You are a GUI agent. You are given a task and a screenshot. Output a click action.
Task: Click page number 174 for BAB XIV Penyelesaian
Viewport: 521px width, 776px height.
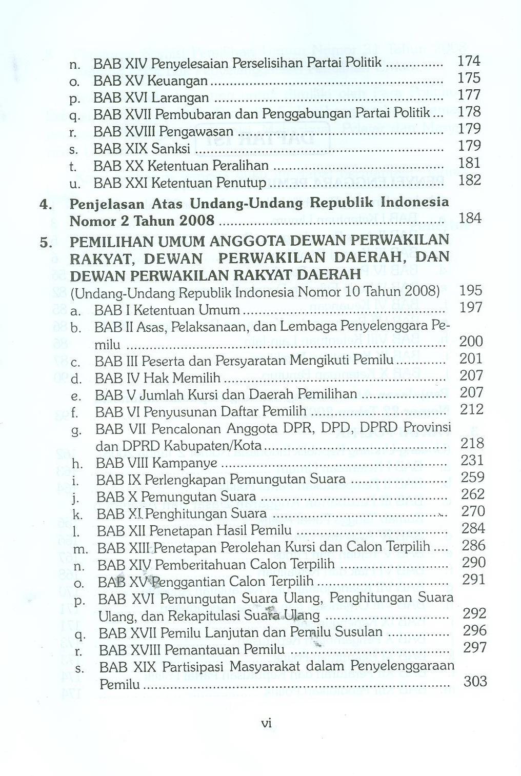[469, 61]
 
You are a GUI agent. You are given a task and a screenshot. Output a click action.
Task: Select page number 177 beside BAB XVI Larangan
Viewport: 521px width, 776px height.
[469, 95]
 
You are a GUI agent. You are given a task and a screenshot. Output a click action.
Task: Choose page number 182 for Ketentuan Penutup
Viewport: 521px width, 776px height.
[469, 180]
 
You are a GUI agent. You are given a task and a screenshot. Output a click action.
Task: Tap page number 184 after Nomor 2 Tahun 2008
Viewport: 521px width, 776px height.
[470, 218]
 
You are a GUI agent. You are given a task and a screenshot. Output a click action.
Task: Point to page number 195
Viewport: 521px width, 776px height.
[471, 290]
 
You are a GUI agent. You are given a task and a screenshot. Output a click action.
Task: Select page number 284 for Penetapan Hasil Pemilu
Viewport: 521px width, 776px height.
[473, 528]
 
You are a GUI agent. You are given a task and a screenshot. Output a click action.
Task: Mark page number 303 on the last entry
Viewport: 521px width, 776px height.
[475, 682]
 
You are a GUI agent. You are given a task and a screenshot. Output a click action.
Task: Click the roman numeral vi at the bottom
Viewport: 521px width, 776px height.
[266, 724]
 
